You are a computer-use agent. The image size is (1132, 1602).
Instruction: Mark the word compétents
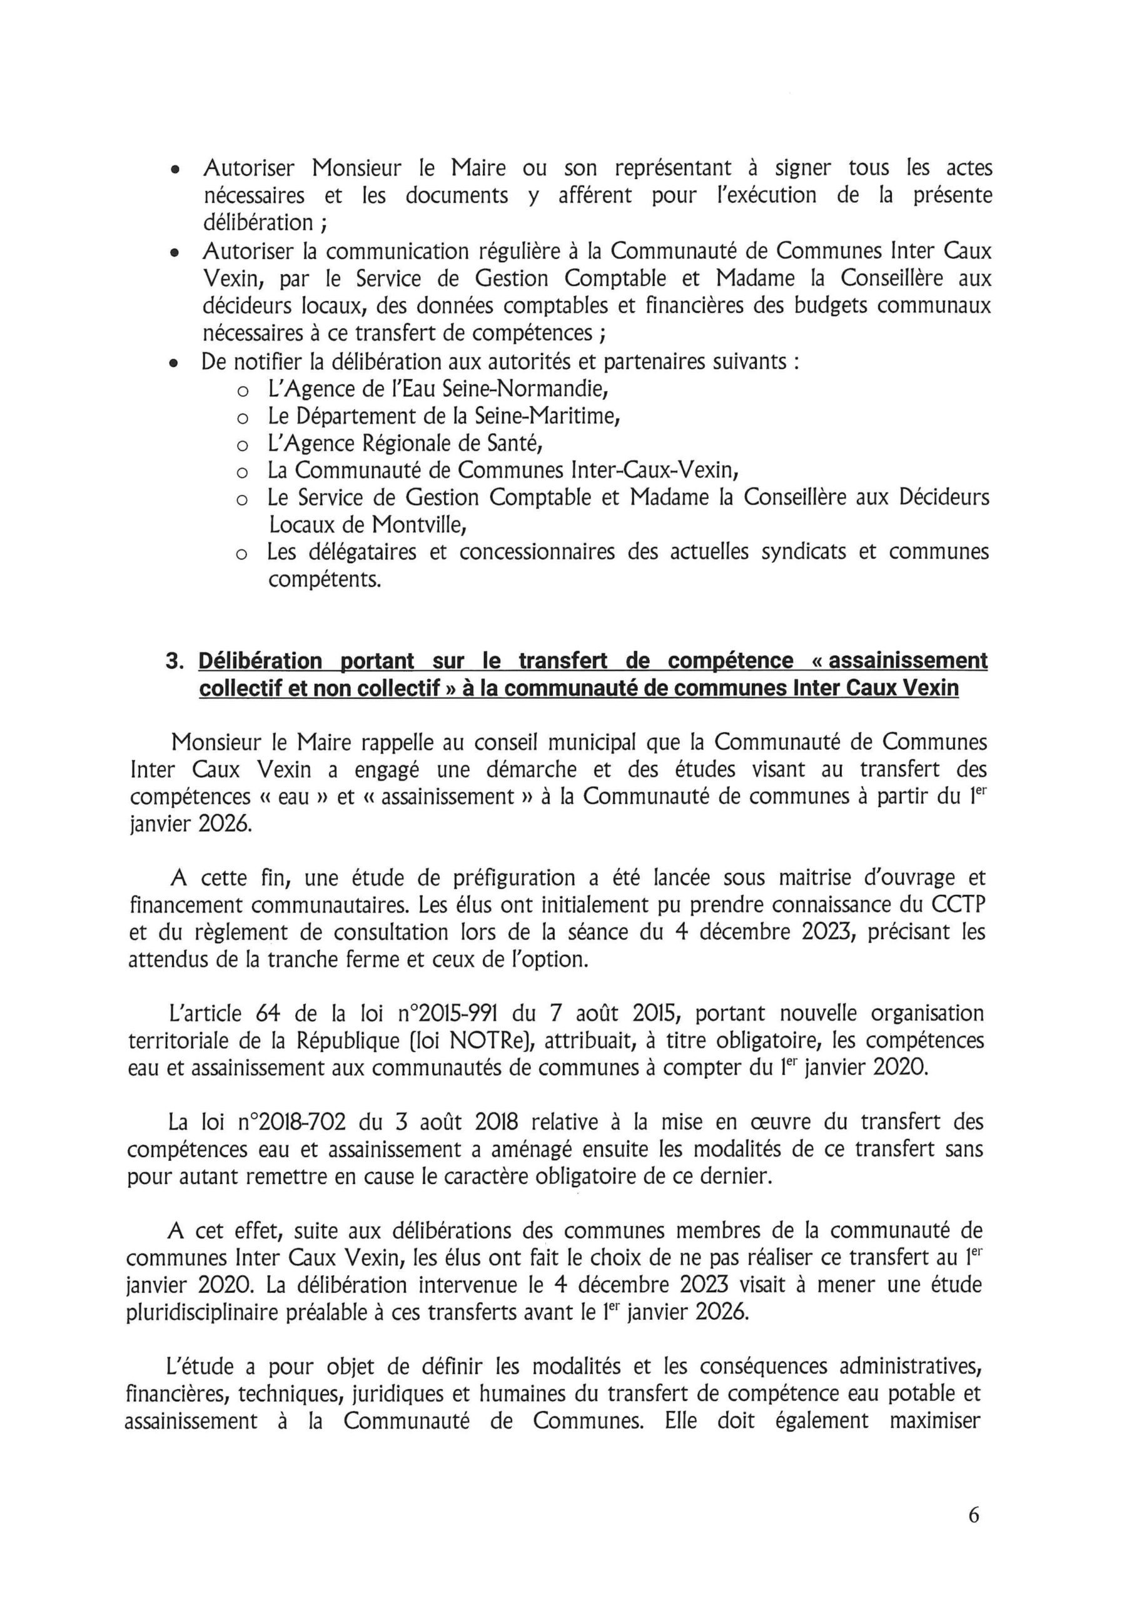click(x=325, y=579)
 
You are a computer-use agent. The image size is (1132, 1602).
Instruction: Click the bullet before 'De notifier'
click(x=176, y=364)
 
